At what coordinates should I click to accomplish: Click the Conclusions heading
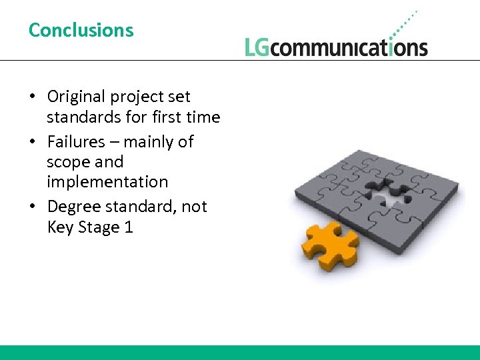pos(81,30)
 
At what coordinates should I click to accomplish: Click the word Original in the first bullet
pos(76,97)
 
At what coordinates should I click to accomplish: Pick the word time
pos(204,117)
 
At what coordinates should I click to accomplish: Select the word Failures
pos(76,141)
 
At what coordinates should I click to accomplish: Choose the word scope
pos(67,162)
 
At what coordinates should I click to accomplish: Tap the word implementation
pos(107,182)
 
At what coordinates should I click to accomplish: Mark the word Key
pos(59,227)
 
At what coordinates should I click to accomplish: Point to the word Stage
pos(98,228)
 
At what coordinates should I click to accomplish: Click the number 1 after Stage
pos(129,227)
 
